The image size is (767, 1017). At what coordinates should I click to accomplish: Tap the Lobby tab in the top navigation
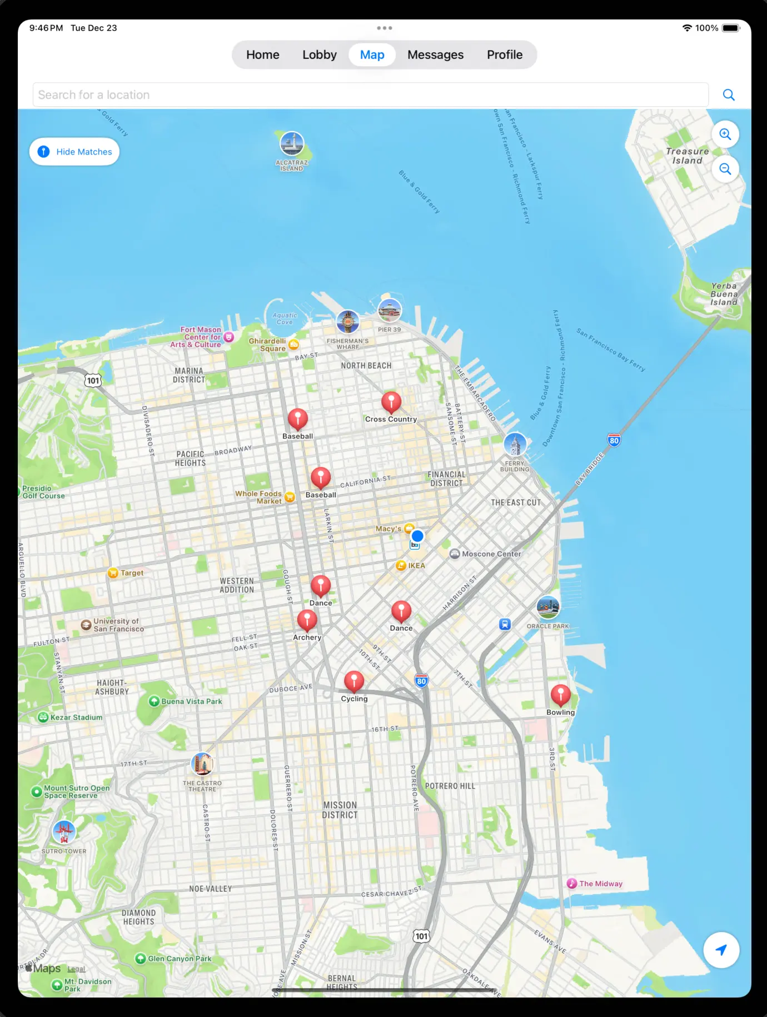point(320,55)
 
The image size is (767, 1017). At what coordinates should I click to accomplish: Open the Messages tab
point(435,55)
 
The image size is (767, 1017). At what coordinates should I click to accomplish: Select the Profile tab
point(505,55)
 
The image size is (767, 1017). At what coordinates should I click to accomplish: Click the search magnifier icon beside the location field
point(729,95)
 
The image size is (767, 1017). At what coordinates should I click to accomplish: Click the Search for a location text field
point(370,95)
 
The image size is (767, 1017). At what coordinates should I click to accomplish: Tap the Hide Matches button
point(74,152)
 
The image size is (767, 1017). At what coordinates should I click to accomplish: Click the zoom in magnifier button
point(725,134)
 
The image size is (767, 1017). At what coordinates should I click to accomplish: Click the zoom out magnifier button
point(725,169)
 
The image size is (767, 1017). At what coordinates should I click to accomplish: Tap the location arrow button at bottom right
point(721,950)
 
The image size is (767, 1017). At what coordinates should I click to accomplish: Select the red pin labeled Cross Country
point(391,402)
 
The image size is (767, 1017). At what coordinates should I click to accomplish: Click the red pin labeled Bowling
point(560,695)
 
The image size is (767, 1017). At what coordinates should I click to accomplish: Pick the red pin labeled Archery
point(307,620)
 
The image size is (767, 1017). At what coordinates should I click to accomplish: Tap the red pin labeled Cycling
point(354,681)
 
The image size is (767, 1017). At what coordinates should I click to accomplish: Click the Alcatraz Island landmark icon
point(292,144)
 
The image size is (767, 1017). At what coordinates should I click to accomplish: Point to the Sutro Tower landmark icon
point(64,832)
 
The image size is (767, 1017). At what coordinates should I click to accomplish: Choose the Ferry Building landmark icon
point(515,445)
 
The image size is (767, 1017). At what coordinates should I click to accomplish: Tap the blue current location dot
point(417,536)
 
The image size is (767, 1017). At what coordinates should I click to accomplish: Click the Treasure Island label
point(688,156)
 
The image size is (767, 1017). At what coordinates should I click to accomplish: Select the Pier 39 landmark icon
point(390,311)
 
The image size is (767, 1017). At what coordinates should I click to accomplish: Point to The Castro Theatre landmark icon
point(202,764)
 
